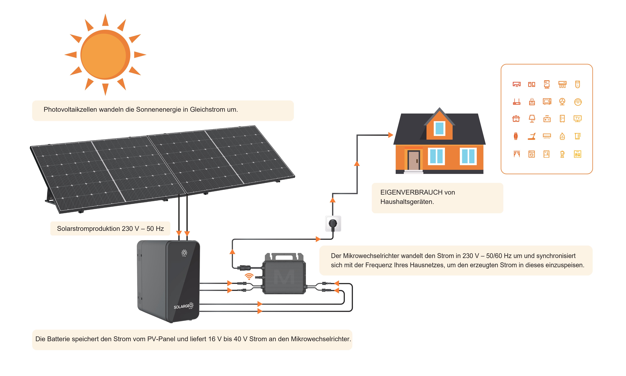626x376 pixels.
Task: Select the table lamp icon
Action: point(532,119)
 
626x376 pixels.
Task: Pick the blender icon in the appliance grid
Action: point(562,154)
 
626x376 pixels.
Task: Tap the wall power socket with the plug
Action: point(333,223)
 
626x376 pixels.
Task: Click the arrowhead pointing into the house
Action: point(391,135)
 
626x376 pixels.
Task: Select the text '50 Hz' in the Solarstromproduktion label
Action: point(155,229)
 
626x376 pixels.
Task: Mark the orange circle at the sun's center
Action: point(105,55)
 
